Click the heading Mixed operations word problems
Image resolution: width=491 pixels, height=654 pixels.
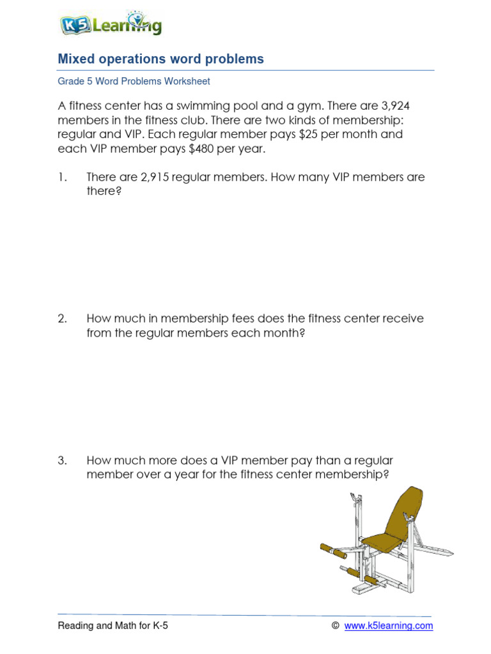pos(160,59)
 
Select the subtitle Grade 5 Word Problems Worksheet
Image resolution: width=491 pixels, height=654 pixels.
pos(134,82)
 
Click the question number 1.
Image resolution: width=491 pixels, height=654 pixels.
pos(62,177)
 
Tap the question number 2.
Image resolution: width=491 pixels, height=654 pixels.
pos(63,319)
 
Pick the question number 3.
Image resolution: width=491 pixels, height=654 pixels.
pos(63,460)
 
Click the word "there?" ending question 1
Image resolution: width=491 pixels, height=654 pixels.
pos(104,192)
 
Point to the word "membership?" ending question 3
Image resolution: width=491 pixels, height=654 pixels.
pos(355,475)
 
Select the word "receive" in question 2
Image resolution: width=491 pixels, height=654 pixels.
pos(402,319)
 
